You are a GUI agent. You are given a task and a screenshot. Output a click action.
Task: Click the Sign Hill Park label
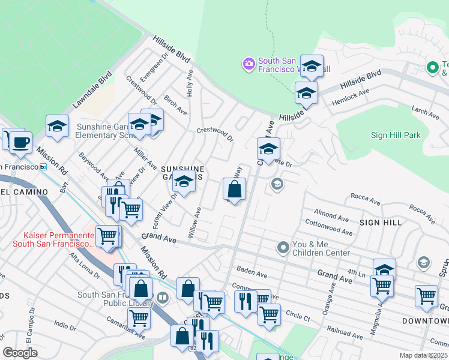[396, 136]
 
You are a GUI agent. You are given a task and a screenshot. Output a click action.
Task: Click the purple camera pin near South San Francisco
[249, 63]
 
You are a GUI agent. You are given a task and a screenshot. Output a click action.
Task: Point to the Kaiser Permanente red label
[53, 239]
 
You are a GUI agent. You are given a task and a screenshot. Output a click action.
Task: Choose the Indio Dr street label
[65, 325]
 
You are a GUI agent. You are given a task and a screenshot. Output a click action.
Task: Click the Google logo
[20, 353]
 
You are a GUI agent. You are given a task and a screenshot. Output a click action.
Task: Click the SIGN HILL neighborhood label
[381, 223]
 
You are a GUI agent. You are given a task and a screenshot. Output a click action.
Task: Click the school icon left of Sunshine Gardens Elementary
[57, 127]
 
